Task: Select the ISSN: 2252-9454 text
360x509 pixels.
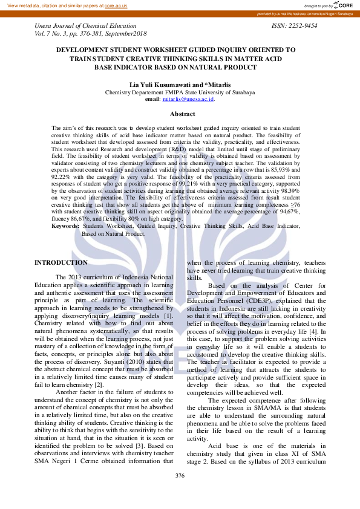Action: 295,26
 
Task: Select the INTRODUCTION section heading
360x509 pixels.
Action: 61,262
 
